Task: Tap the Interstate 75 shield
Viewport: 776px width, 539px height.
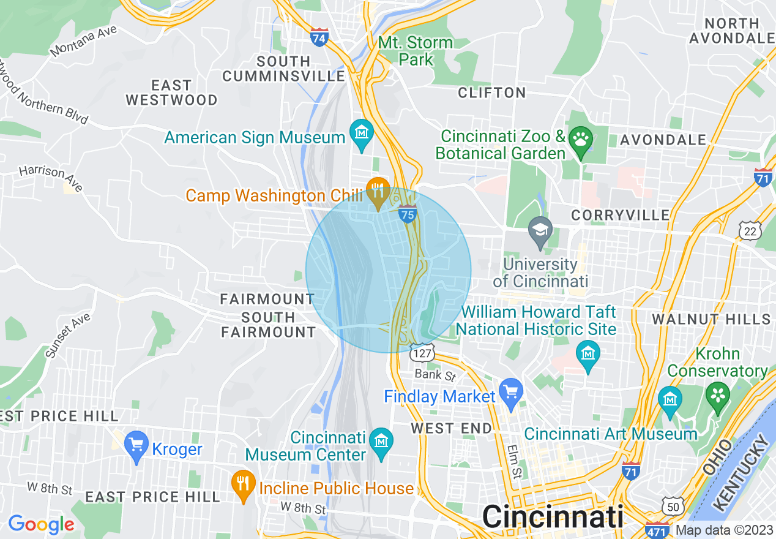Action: (408, 214)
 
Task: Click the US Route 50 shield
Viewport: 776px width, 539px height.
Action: (673, 506)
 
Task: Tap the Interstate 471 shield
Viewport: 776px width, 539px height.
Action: (657, 530)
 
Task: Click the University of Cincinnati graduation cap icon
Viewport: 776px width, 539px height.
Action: (540, 232)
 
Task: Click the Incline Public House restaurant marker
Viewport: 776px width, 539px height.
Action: (243, 484)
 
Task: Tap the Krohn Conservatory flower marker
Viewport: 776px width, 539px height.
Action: (718, 394)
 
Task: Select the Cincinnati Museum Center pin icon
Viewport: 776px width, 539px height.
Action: (382, 442)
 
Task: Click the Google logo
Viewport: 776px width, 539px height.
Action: (41, 524)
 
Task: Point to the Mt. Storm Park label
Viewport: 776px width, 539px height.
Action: (416, 51)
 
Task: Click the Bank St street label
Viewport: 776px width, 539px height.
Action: (435, 374)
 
